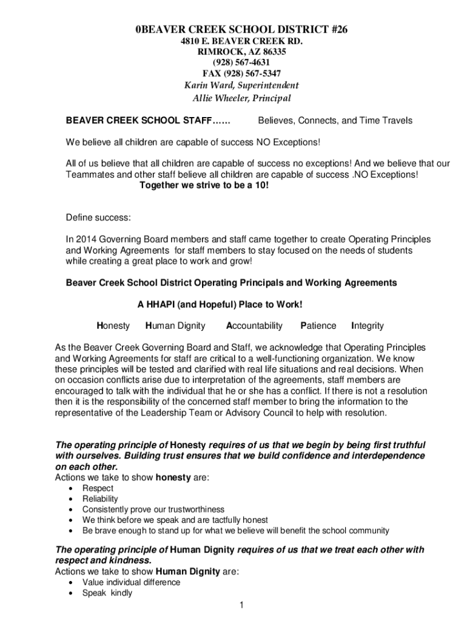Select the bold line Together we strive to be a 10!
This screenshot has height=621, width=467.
point(204,185)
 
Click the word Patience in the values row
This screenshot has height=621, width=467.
point(318,326)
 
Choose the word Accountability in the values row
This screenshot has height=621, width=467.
point(254,326)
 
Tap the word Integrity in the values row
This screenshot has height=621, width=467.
point(368,326)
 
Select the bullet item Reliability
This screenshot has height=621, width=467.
point(100,498)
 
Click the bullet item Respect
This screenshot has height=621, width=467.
point(98,488)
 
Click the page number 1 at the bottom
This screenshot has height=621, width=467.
point(241,605)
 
